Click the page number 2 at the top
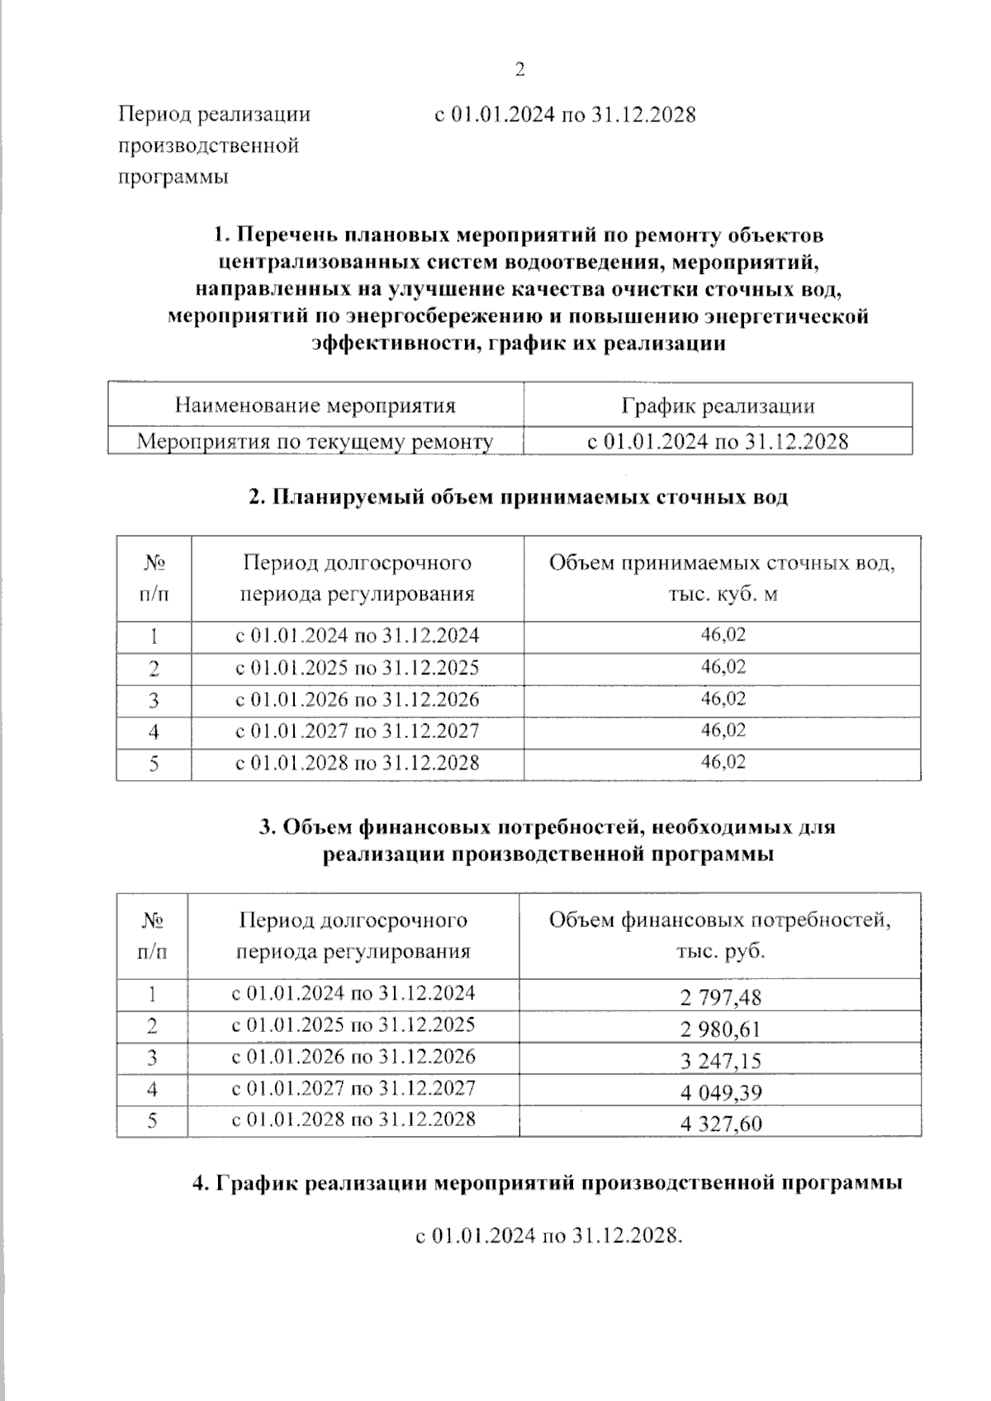tap(519, 70)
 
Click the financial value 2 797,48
tap(720, 997)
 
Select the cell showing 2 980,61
tap(720, 1029)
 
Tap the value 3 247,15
tap(720, 1061)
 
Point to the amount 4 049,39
tap(720, 1092)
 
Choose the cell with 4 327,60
tap(720, 1124)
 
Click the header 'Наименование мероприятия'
tap(315, 405)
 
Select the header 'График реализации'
tap(718, 405)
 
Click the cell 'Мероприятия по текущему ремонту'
tap(315, 442)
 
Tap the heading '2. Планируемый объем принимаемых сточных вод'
tap(519, 497)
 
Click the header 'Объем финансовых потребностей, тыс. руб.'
tap(720, 935)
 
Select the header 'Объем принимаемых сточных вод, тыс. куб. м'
tap(723, 578)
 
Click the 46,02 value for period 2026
tap(723, 698)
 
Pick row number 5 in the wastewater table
tap(154, 764)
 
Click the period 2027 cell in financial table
tap(353, 1088)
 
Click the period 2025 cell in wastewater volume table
tap(357, 667)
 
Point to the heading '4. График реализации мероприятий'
tap(547, 1183)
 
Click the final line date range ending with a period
tap(549, 1236)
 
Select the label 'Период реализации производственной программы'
tap(215, 145)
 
